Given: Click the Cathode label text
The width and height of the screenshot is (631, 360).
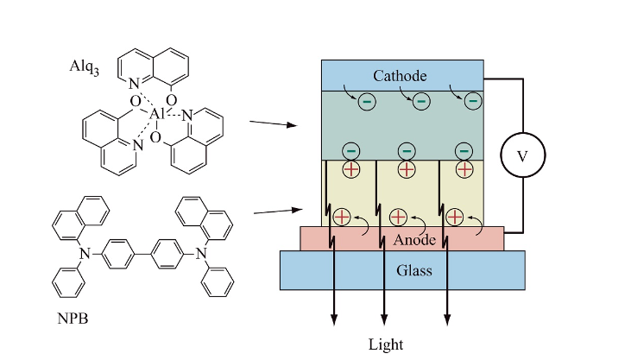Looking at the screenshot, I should pyautogui.click(x=401, y=76).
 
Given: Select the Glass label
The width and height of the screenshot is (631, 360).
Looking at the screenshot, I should pyautogui.click(x=401, y=270).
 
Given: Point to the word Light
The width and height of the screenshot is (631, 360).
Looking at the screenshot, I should pyautogui.click(x=386, y=344).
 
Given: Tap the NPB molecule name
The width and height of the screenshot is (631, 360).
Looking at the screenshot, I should pyautogui.click(x=72, y=319).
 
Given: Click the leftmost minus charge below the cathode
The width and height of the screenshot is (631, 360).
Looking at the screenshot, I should pyautogui.click(x=367, y=102).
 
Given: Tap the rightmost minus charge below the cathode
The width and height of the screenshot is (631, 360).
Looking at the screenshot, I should pyautogui.click(x=472, y=102).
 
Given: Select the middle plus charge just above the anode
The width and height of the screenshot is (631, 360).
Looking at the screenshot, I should pyautogui.click(x=398, y=218).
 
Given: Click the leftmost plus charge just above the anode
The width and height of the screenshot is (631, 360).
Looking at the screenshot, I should pyautogui.click(x=342, y=218).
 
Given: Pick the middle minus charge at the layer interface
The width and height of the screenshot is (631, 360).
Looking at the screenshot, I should pyautogui.click(x=405, y=150).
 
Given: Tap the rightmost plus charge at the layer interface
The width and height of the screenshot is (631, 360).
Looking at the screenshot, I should pyautogui.click(x=464, y=169).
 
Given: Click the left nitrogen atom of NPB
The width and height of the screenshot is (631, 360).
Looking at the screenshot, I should pyautogui.click(x=84, y=254).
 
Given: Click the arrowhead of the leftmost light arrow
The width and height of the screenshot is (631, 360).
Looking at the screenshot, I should pyautogui.click(x=334, y=322).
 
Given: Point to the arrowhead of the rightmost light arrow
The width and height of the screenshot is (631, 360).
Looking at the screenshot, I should pyautogui.click(x=447, y=322).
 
